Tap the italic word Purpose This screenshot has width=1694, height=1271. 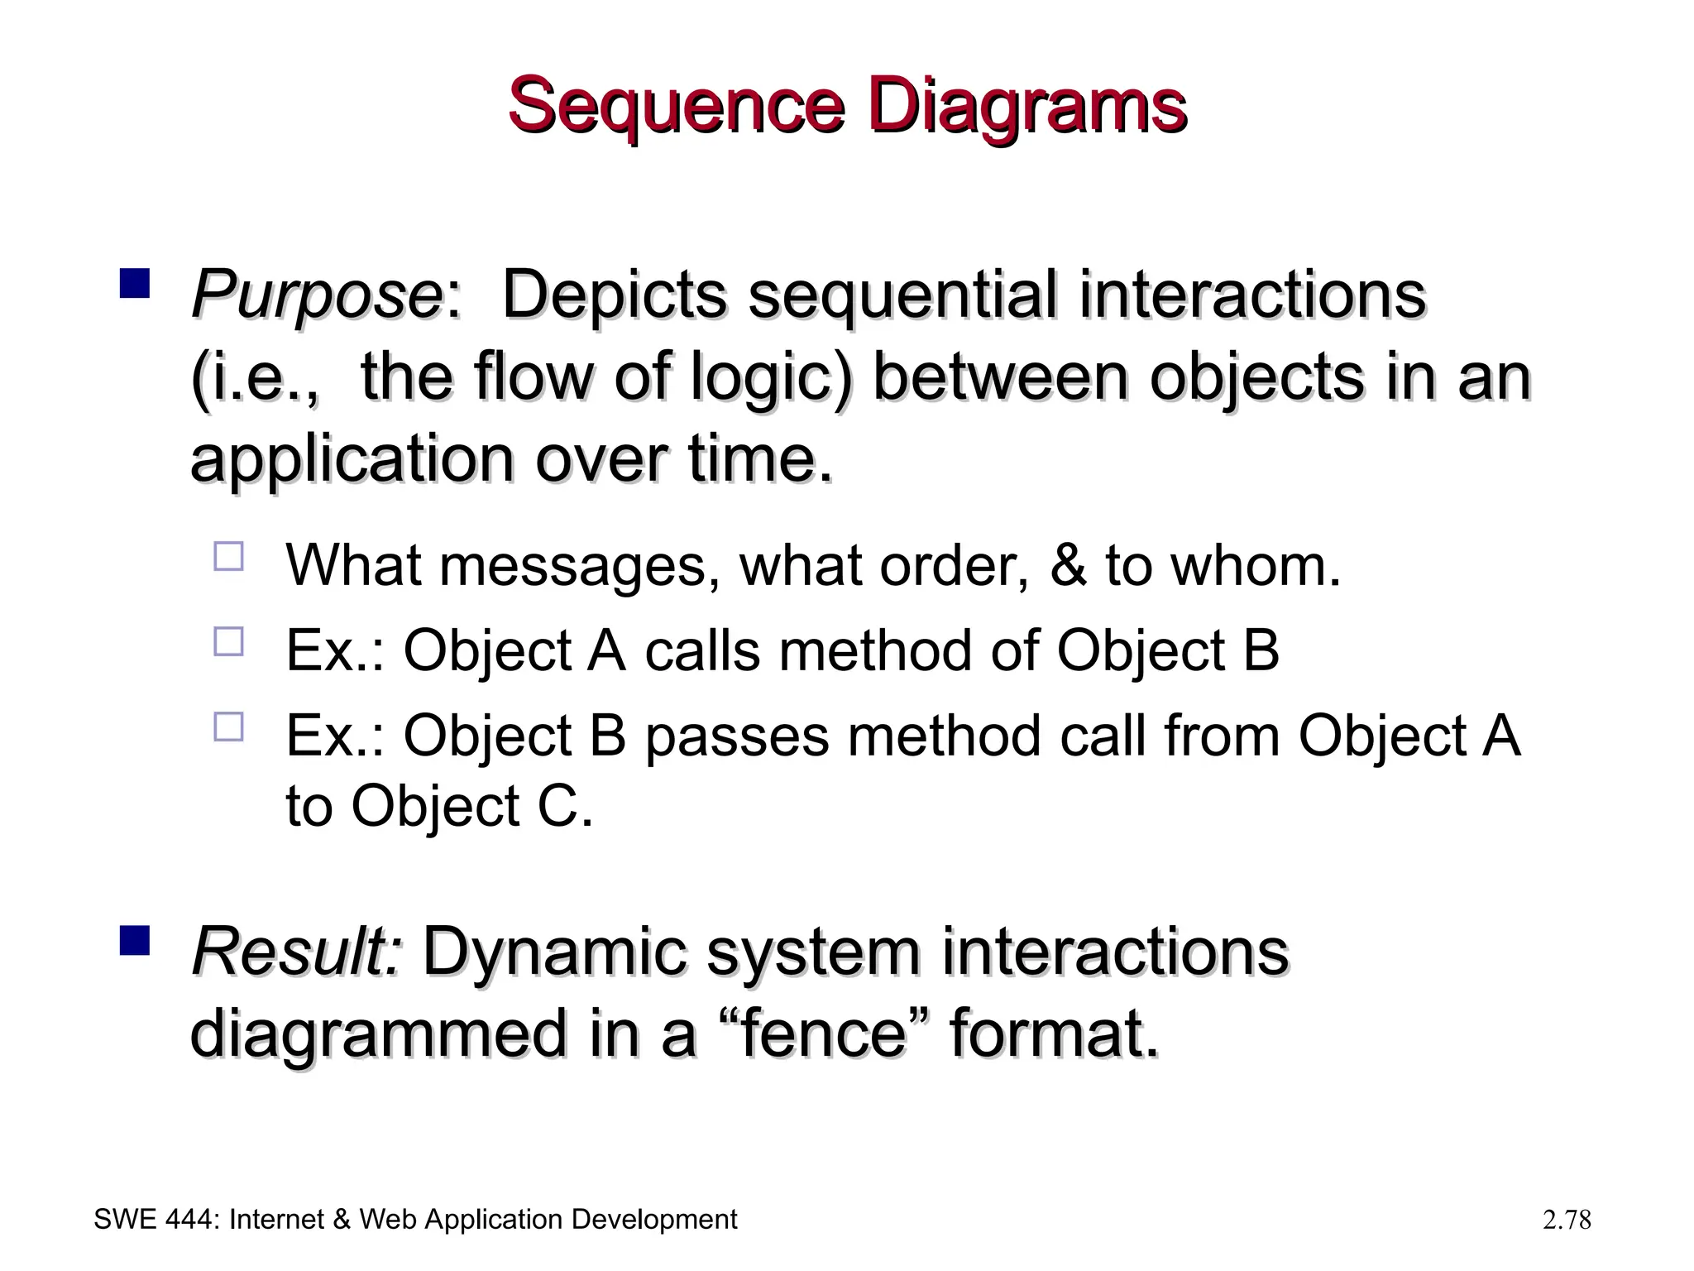[x=317, y=295]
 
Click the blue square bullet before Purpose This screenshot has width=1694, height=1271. [x=134, y=283]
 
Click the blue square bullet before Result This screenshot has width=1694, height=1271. [x=134, y=940]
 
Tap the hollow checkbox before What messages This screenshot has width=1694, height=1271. [x=229, y=557]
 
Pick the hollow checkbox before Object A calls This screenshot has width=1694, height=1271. [x=229, y=642]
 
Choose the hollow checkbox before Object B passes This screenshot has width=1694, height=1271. [x=229, y=727]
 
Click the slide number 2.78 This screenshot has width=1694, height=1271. [x=1567, y=1220]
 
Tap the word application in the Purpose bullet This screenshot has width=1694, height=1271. [x=352, y=460]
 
